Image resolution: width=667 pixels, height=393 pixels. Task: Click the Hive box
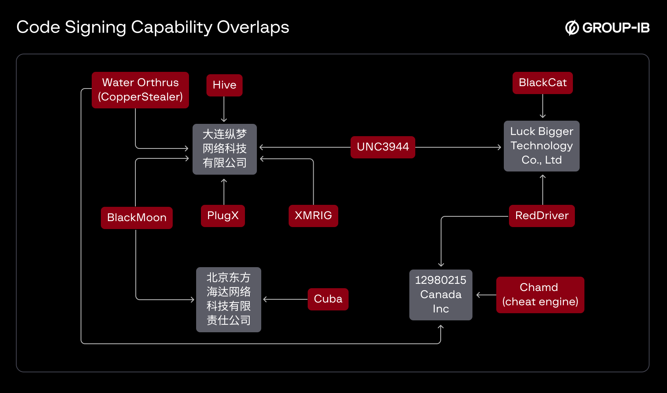224,85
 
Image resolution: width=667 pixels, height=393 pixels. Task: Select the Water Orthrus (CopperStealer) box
140,90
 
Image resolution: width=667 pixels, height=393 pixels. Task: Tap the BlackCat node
542,83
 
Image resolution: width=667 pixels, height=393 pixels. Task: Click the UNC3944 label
383,147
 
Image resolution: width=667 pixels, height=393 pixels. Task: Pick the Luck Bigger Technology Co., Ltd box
542,146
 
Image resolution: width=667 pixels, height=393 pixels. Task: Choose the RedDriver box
542,216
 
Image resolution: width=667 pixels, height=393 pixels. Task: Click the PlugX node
223,216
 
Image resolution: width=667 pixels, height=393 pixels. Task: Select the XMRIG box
313,216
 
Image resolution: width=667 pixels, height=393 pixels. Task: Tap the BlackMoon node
137,218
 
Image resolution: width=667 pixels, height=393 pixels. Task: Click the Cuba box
328,299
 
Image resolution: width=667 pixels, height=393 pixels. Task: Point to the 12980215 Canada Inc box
441,295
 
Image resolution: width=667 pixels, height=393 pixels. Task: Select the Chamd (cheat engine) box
540,295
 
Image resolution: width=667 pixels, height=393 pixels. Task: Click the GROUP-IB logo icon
572,28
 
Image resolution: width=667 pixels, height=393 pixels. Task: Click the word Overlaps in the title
253,27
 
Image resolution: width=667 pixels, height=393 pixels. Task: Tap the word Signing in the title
95,27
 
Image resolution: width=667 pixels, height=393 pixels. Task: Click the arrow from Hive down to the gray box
224,109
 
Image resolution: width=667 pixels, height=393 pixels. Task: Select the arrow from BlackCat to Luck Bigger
543,106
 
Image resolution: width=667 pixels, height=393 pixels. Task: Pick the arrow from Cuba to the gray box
285,299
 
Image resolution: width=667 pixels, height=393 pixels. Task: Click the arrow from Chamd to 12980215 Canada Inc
486,295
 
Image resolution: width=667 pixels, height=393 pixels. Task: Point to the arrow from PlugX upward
224,191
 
